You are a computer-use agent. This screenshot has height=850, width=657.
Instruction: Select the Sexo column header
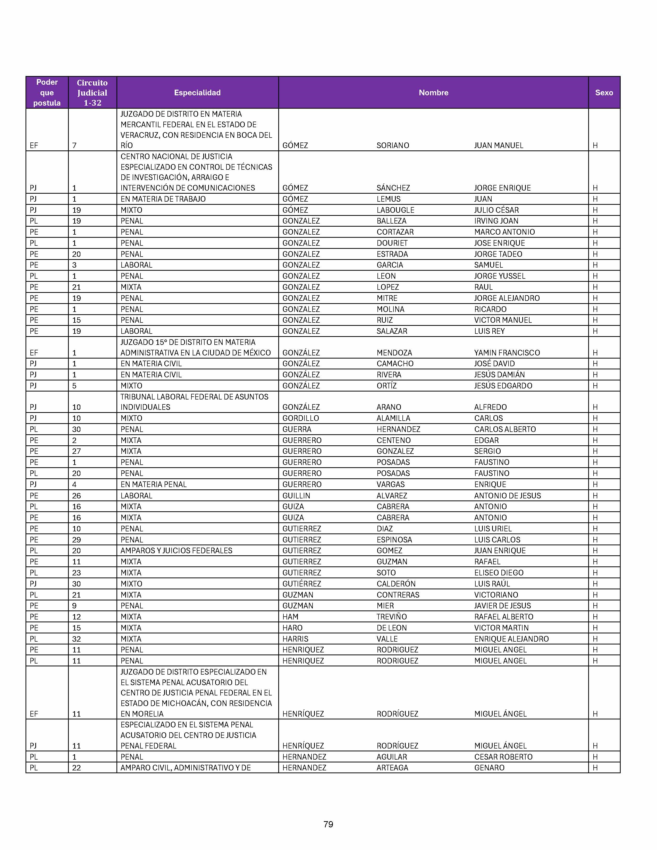(604, 93)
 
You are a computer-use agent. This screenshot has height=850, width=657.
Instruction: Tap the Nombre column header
(433, 93)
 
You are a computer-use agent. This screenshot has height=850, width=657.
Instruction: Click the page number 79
(328, 824)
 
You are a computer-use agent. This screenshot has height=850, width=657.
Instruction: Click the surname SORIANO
(393, 146)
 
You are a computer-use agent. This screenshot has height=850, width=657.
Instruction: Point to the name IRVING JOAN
(496, 221)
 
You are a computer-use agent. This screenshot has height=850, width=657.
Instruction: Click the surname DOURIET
(392, 243)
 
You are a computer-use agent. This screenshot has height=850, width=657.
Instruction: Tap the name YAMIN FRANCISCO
(507, 353)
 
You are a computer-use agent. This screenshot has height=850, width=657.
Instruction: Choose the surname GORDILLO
(300, 418)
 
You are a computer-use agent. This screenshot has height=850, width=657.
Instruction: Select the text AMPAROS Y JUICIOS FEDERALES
(176, 551)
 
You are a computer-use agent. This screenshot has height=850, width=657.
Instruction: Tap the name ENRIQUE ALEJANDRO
(511, 639)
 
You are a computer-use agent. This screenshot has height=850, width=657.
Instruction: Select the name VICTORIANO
(496, 595)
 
